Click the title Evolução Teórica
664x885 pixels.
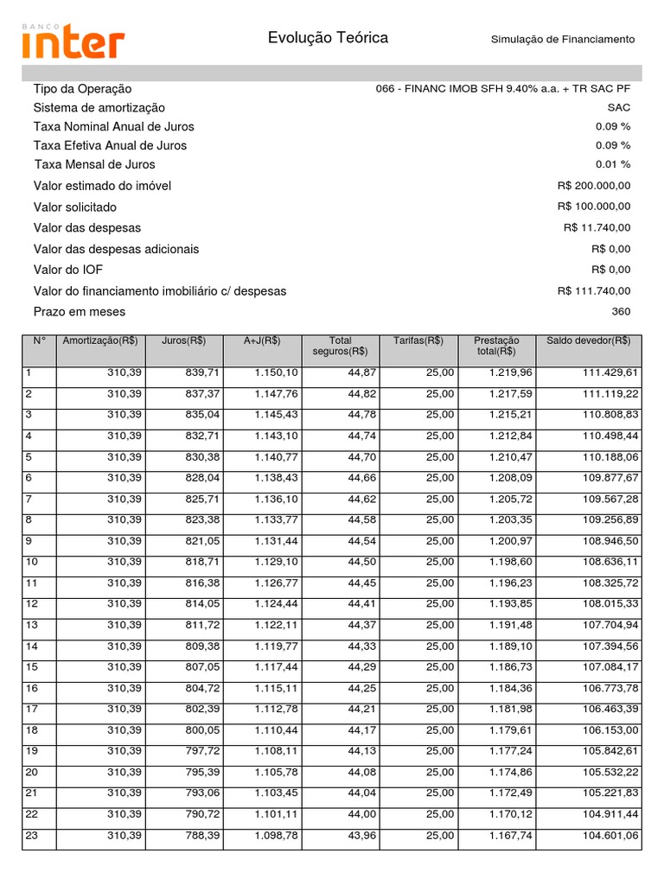coord(328,38)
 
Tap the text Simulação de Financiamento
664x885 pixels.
coord(562,40)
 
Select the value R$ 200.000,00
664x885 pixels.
coord(594,186)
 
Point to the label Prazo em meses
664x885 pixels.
coord(80,312)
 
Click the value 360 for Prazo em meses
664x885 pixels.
coord(621,312)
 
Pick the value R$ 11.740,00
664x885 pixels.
coord(597,228)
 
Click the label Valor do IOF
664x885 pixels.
coord(68,271)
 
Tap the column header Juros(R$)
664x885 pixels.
coord(183,341)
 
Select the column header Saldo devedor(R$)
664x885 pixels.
coord(588,341)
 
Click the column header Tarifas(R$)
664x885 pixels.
coord(418,341)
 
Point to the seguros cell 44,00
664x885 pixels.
coord(363,814)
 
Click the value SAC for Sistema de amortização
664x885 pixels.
coord(619,108)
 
